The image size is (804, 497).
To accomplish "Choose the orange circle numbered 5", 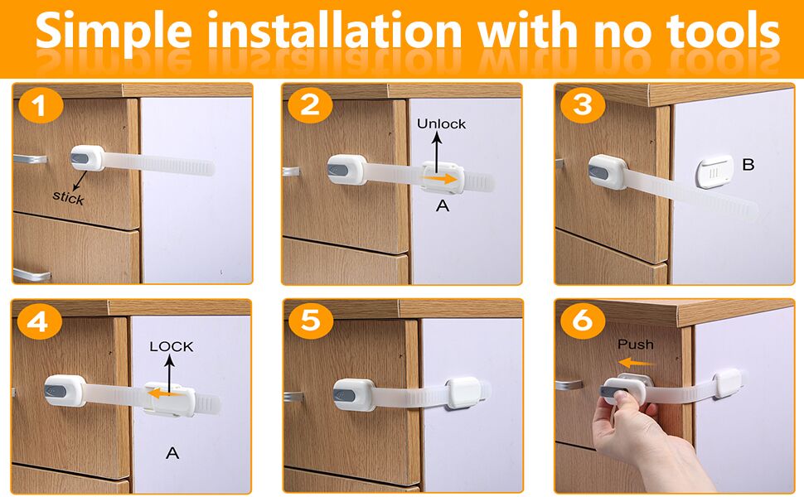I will pos(310,321).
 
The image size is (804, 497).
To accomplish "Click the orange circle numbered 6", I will pos(583,321).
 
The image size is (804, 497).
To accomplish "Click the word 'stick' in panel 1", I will pos(68,198).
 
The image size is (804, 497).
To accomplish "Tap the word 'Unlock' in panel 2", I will pos(441,123).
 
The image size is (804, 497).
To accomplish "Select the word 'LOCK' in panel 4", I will pos(171,346).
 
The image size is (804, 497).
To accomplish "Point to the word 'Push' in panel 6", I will pos(636,344).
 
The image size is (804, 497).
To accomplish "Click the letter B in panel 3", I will pos(748,165).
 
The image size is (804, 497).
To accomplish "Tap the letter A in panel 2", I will pos(443,205).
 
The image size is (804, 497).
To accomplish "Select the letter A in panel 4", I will pos(172,452).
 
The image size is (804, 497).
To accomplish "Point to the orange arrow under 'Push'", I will pos(636,362).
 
